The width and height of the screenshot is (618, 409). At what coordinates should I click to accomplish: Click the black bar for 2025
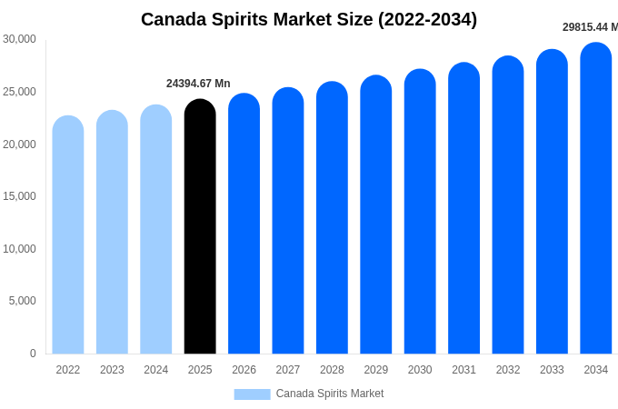tap(200, 227)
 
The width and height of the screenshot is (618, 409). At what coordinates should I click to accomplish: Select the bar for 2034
tap(596, 200)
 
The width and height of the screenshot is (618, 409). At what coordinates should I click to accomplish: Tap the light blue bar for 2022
tap(68, 236)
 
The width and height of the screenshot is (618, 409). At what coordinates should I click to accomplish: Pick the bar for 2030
tap(420, 214)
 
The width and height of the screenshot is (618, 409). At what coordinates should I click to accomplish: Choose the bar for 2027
tap(288, 223)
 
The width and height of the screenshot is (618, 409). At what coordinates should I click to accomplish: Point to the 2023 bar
tap(112, 234)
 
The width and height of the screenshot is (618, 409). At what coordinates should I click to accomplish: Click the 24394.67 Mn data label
tap(198, 84)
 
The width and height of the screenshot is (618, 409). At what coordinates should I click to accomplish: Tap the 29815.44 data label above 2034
tap(590, 27)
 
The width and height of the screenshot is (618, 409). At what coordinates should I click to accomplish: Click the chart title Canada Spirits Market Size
tap(309, 19)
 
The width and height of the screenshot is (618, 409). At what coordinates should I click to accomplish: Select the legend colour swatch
tap(252, 394)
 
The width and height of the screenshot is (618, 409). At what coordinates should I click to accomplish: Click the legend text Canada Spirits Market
tap(330, 394)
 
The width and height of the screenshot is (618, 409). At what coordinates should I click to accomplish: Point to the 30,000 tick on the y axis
tap(19, 39)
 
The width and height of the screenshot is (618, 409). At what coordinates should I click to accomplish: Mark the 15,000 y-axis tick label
tap(19, 196)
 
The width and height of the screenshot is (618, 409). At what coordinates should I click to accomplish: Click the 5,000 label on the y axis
tap(23, 301)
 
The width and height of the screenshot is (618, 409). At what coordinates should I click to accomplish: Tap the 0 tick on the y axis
tap(33, 354)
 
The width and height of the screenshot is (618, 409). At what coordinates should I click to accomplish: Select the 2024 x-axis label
tap(156, 370)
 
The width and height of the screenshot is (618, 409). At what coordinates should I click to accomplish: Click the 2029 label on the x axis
tap(376, 370)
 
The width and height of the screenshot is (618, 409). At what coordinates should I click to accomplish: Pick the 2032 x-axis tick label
tap(508, 370)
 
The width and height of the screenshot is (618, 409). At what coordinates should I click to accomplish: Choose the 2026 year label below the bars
tap(244, 370)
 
